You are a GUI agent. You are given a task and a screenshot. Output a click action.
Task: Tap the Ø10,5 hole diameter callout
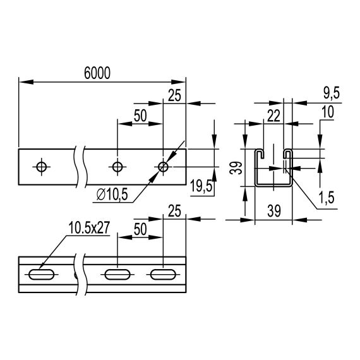click(x=113, y=195)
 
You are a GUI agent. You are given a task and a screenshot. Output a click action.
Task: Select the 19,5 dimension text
click(x=201, y=188)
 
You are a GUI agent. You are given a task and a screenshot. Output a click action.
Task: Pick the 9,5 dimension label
click(x=330, y=93)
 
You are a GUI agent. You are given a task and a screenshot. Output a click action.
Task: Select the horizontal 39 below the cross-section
click(x=273, y=210)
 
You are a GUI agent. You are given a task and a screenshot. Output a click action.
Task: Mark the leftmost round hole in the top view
click(x=42, y=167)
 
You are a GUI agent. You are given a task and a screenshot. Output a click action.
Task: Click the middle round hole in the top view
click(x=117, y=167)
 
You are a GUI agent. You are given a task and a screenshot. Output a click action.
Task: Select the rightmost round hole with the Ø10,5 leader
click(x=163, y=167)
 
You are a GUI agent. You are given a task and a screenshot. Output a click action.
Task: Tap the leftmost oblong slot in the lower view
click(x=41, y=275)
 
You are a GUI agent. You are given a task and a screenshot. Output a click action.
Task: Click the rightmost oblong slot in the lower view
click(x=163, y=275)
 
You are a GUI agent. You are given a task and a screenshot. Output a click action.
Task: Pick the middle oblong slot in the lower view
click(x=117, y=275)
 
